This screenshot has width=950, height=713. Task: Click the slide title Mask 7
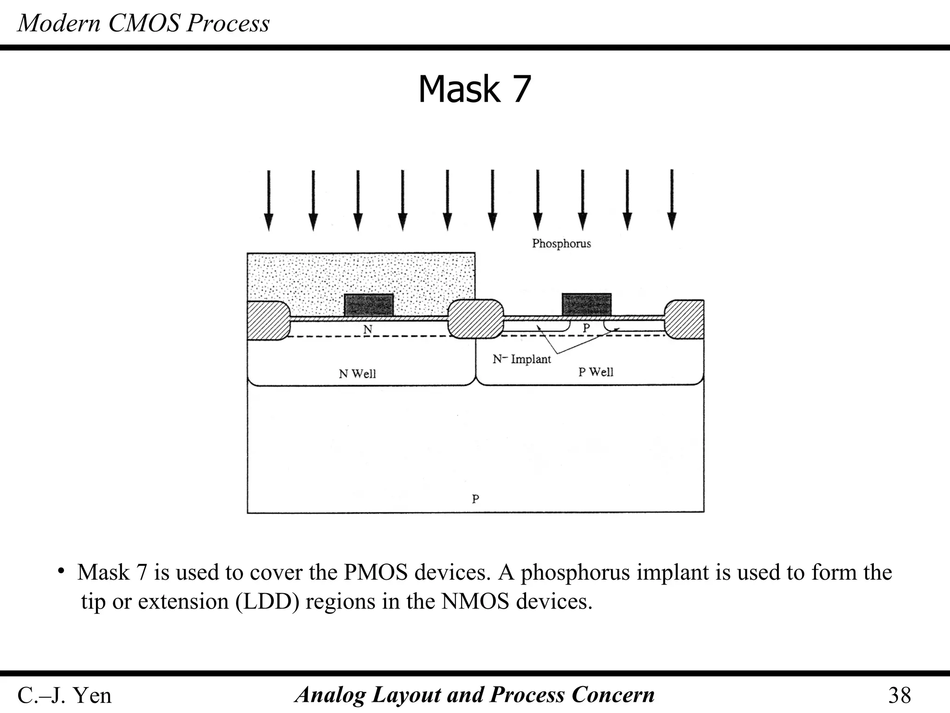coord(474,89)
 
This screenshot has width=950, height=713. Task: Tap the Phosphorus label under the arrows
coord(561,244)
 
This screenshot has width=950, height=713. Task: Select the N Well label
coord(357,374)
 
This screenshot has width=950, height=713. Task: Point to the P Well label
coord(596,372)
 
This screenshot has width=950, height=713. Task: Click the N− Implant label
coord(521,359)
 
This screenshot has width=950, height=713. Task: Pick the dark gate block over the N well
coord(369,305)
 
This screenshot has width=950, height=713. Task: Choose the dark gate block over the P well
coord(586,304)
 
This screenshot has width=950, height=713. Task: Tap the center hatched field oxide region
coord(476,319)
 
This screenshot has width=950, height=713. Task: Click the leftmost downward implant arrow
coord(269,200)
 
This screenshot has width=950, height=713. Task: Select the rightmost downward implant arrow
coord(672,200)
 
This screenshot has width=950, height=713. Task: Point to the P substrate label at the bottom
coord(475,499)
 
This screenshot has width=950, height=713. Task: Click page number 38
coord(899,695)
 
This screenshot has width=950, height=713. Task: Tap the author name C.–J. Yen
coord(64,695)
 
